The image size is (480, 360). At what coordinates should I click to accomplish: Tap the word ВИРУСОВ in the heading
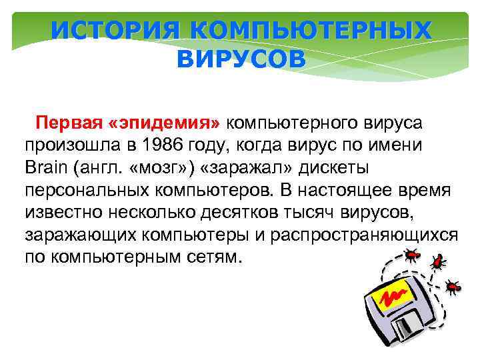click(241, 59)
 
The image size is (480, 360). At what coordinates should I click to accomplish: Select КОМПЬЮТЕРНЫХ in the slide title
click(301, 30)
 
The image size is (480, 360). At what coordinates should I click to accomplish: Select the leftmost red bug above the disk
click(411, 253)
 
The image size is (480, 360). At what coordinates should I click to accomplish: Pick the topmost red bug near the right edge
click(439, 261)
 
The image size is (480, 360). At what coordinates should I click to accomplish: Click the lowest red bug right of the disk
click(454, 287)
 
